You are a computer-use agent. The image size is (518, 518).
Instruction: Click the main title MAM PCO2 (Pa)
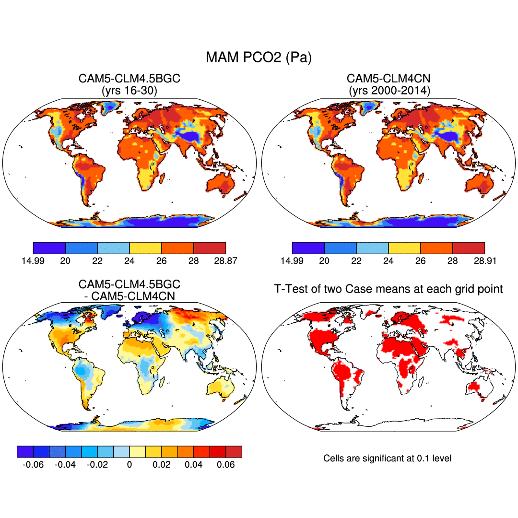click(x=259, y=58)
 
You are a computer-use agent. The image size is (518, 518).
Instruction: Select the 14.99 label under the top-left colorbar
click(x=33, y=261)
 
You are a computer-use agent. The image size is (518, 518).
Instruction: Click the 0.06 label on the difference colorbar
click(x=225, y=465)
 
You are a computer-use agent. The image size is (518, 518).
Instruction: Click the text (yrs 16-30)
click(x=129, y=89)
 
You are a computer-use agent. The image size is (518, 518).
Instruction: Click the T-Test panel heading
click(x=388, y=289)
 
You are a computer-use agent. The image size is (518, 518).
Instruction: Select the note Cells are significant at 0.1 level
click(x=388, y=458)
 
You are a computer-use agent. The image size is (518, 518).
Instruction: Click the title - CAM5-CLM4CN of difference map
click(x=129, y=296)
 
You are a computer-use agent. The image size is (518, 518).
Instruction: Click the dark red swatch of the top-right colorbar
click(x=469, y=248)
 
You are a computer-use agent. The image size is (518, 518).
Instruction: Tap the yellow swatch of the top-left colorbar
click(x=145, y=248)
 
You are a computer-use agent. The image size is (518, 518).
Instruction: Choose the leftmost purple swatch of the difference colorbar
click(x=25, y=452)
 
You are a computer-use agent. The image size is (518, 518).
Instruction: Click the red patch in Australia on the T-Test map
click(x=477, y=387)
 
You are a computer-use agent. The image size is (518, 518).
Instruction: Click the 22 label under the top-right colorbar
click(x=356, y=261)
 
